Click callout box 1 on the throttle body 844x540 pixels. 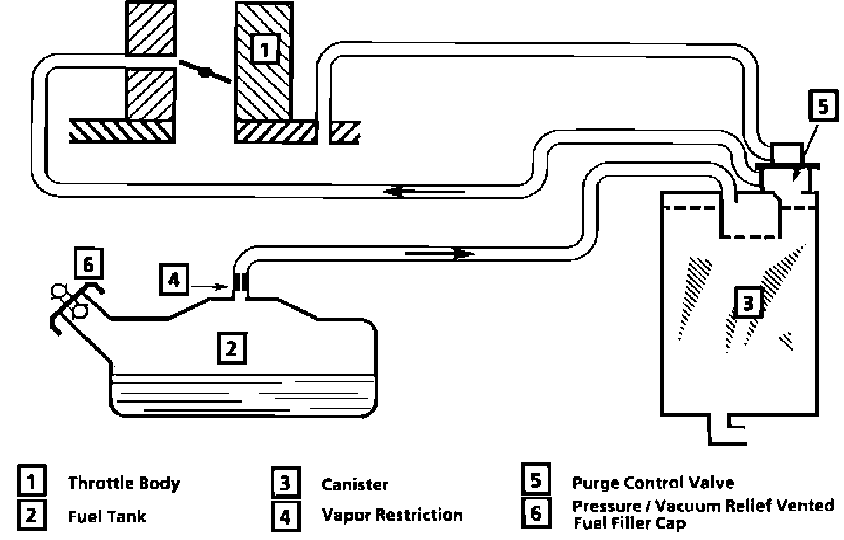point(264,48)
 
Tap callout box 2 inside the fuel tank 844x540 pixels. point(232,348)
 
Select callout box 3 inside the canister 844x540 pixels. point(749,304)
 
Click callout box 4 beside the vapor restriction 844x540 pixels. point(174,280)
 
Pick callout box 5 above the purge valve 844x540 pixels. point(824,107)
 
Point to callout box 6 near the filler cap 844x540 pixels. point(89,264)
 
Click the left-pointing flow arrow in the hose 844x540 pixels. point(407,191)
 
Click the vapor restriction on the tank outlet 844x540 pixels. point(240,281)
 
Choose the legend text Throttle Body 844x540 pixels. point(124,483)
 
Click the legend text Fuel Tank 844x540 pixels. point(107,516)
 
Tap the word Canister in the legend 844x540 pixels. point(355,485)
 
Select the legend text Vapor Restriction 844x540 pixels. point(392,515)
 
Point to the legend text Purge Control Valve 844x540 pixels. point(653,483)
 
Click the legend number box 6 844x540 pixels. point(536,512)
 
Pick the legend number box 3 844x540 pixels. point(285,483)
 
